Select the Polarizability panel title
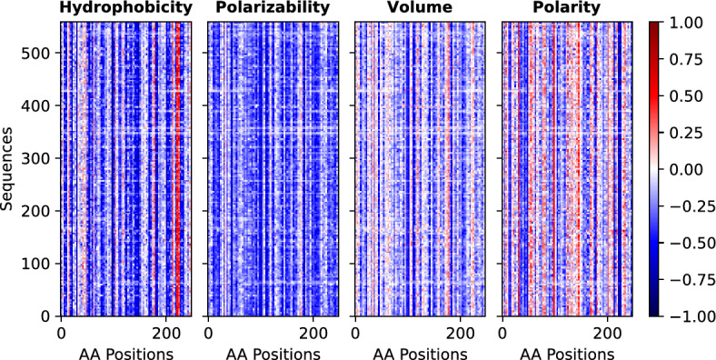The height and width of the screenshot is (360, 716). click(x=272, y=10)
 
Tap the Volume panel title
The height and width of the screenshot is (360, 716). click(x=419, y=10)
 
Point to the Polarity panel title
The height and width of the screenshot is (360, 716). click(x=567, y=10)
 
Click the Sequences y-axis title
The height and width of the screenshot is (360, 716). click(x=10, y=169)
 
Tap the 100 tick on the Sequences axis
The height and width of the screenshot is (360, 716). click(x=40, y=264)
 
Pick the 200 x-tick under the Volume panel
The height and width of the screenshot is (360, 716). click(x=461, y=332)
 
